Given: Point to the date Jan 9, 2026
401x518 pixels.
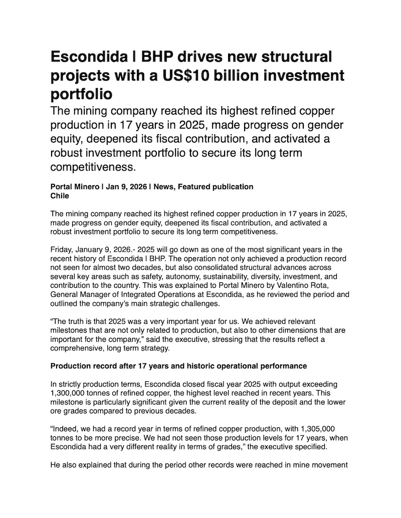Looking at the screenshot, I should tap(126, 187).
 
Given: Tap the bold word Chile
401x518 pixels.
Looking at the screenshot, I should tap(60, 196).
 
